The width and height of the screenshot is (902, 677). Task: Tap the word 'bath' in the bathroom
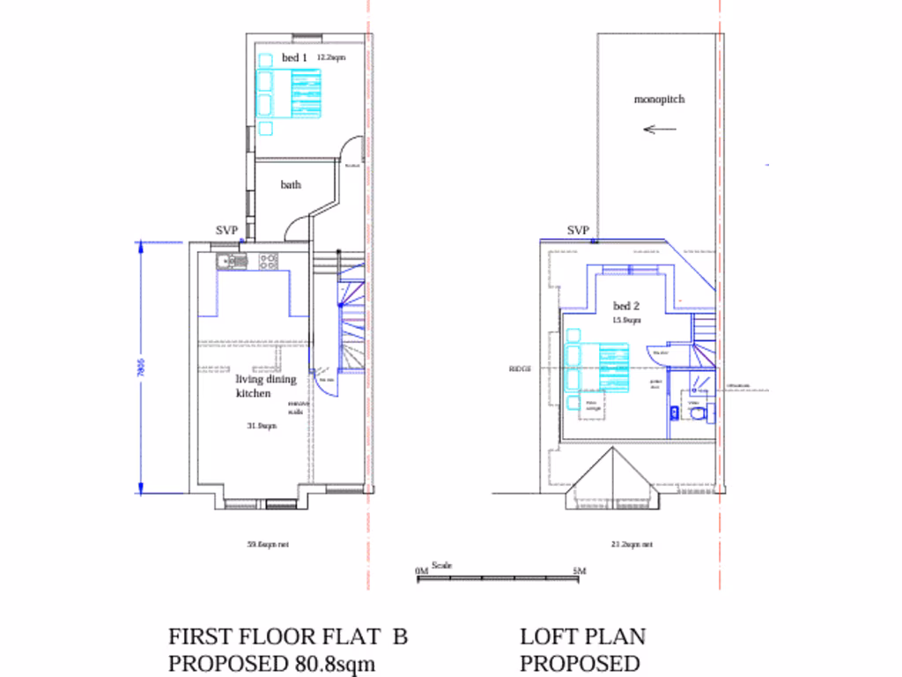pyautogui.click(x=291, y=185)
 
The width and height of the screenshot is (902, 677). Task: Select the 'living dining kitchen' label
pyautogui.click(x=265, y=386)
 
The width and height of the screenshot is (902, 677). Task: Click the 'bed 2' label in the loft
pyautogui.click(x=626, y=306)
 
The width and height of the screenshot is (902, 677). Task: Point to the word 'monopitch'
pyautogui.click(x=659, y=100)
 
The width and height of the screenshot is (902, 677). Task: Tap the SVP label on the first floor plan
pyautogui.click(x=227, y=231)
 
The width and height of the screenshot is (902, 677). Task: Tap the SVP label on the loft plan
pyautogui.click(x=578, y=231)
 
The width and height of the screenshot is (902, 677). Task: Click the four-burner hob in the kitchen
pyautogui.click(x=269, y=260)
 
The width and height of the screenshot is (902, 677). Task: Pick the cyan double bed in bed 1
pyautogui.click(x=288, y=93)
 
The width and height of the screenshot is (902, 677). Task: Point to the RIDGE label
pyautogui.click(x=520, y=369)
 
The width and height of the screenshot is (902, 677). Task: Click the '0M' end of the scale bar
pyautogui.click(x=421, y=571)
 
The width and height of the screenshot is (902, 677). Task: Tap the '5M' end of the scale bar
pyautogui.click(x=579, y=571)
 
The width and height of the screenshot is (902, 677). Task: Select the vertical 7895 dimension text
pyautogui.click(x=140, y=368)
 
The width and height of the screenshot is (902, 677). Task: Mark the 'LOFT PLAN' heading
pyautogui.click(x=582, y=636)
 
